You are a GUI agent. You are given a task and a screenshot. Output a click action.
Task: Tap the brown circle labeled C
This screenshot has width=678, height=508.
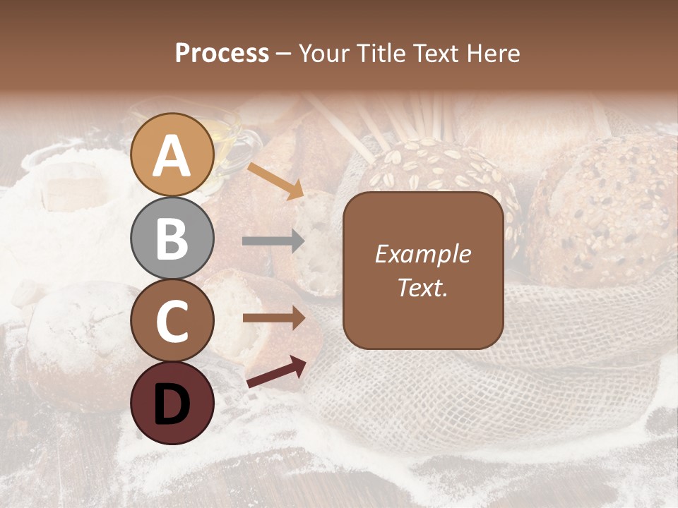point(172,320)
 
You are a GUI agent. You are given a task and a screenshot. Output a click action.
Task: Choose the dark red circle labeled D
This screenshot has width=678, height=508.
point(172,403)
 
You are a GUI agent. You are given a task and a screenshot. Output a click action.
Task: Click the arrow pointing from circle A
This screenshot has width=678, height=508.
point(275,181)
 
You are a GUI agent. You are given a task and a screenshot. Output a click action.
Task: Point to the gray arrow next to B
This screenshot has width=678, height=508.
point(273,241)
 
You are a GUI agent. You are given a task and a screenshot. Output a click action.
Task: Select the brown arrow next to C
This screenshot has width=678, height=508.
point(273,318)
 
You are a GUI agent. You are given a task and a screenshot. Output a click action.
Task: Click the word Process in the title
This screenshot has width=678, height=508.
point(222,53)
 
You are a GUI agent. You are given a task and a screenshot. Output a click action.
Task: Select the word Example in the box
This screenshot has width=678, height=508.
point(422,254)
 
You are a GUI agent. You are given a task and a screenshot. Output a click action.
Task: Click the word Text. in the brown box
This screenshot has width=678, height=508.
point(422,287)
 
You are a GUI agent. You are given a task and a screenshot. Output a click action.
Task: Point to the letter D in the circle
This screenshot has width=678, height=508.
point(172,404)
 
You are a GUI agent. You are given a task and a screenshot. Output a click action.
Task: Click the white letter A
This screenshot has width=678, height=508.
point(172,155)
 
